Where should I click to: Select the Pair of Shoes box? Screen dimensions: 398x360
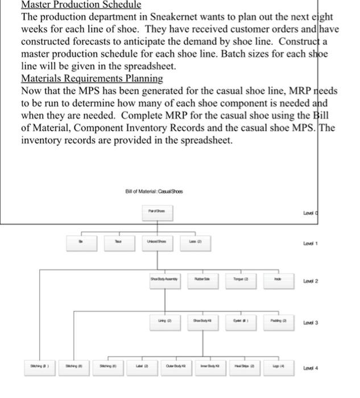tap(155, 212)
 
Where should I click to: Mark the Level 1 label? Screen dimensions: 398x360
tap(328, 242)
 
